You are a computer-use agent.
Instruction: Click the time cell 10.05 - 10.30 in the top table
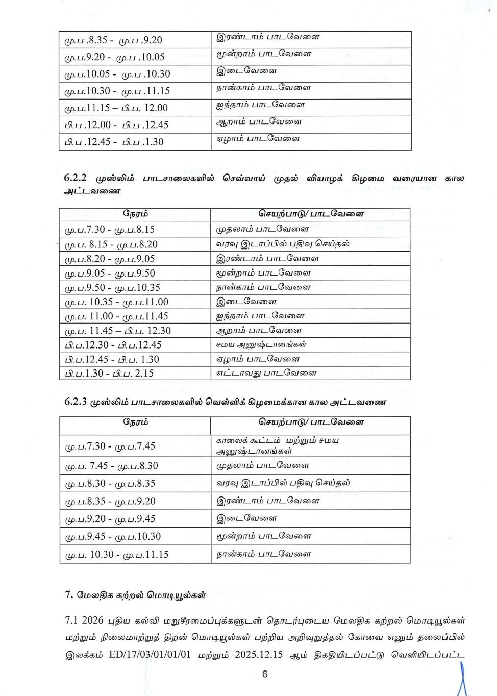pos(117,74)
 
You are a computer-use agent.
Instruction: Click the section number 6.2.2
pos(76,178)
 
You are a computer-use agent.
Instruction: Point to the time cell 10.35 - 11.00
pos(116,302)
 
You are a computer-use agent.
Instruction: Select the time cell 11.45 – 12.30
pos(117,331)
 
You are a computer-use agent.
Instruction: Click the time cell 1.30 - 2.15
pos(109,374)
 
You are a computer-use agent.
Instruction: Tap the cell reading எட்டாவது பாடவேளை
pos(266,373)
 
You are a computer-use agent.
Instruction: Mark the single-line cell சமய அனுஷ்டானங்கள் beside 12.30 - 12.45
pos(261,344)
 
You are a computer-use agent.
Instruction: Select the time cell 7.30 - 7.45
pos(110,446)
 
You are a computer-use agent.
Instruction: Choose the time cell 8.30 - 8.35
pos(110,483)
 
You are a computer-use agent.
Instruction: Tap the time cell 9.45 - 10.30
pos(112,537)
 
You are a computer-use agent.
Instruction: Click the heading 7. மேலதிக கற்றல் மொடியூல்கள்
pos(135,594)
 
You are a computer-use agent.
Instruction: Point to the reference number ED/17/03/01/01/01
pos(150,655)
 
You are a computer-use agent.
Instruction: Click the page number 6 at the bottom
pos(265,674)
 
